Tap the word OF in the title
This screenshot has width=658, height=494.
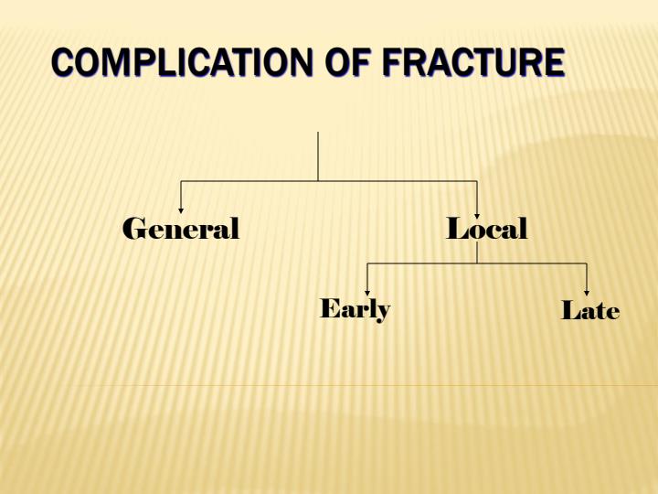click(x=346, y=63)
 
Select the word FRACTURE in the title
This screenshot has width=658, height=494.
click(x=472, y=63)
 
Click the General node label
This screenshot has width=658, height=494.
click(x=181, y=229)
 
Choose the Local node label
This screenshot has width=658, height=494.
click(x=487, y=229)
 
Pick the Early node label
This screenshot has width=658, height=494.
click(x=355, y=309)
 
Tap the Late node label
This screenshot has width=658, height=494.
click(x=590, y=311)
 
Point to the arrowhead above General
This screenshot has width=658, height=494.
click(x=181, y=210)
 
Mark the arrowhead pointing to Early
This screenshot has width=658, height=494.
click(x=367, y=293)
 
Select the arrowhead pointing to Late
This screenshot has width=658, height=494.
click(x=586, y=293)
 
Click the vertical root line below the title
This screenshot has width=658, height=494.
click(x=318, y=156)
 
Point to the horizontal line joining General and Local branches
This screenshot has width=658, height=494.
click(x=247, y=181)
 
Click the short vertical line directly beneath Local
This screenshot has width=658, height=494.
click(x=477, y=253)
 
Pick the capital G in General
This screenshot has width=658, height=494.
click(x=134, y=229)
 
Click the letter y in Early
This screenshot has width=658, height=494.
click(x=384, y=312)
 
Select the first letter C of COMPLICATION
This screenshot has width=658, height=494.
click(x=62, y=63)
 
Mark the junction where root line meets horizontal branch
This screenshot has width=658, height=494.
click(x=318, y=181)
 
